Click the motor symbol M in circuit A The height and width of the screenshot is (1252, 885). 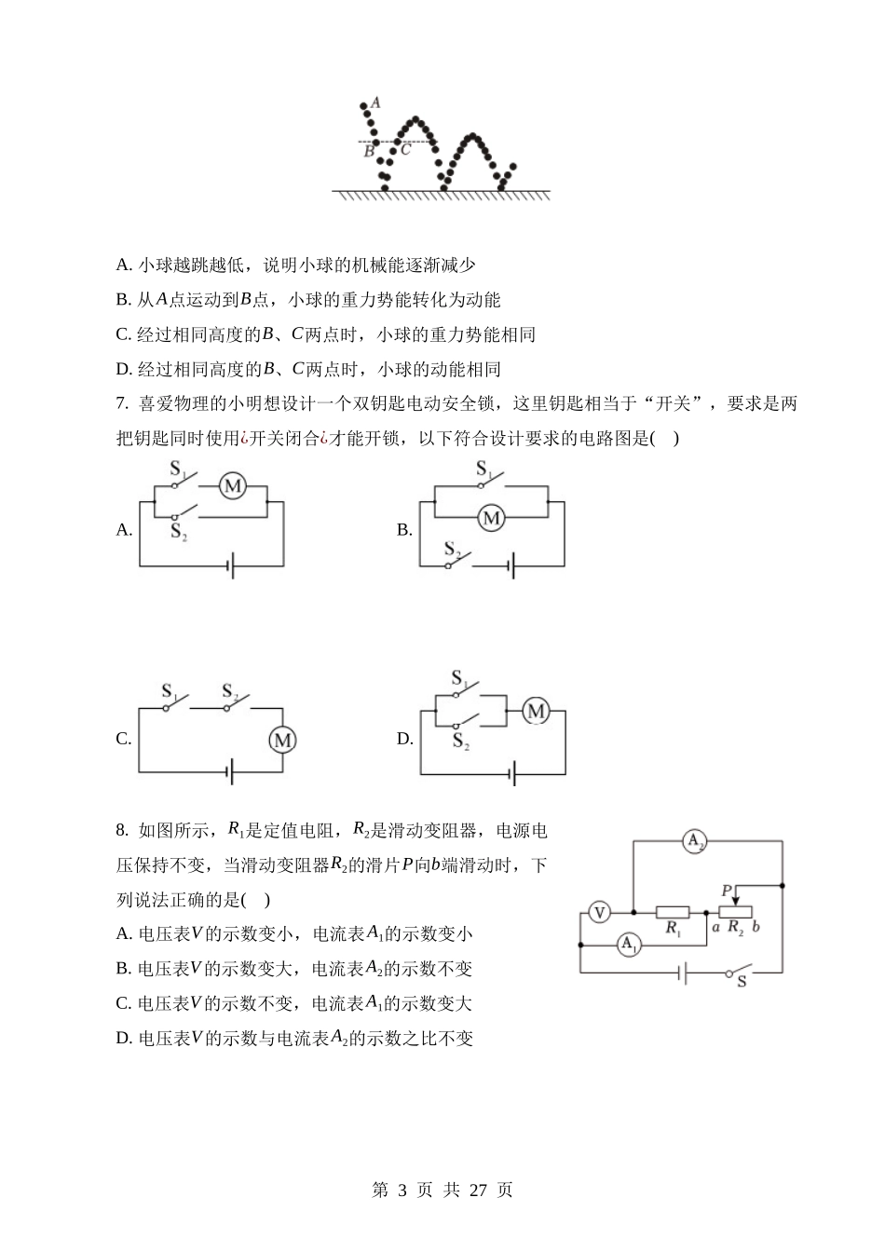[x=232, y=486]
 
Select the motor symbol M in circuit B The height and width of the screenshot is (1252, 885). [x=491, y=518]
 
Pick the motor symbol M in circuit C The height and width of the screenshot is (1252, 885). [x=281, y=741]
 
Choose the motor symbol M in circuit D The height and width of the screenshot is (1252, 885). [x=536, y=712]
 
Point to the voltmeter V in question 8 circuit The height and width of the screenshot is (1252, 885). [x=600, y=912]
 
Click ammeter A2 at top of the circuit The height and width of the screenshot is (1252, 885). [x=695, y=842]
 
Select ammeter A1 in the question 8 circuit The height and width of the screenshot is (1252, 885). [x=630, y=946]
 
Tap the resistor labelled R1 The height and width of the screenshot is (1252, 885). [x=672, y=913]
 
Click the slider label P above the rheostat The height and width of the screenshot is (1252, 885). [x=726, y=891]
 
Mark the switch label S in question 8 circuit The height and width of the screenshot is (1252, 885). [x=742, y=982]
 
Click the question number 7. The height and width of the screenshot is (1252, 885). [x=121, y=404]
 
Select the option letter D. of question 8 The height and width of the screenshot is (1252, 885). [x=124, y=1039]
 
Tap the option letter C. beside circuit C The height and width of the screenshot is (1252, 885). [x=124, y=740]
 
